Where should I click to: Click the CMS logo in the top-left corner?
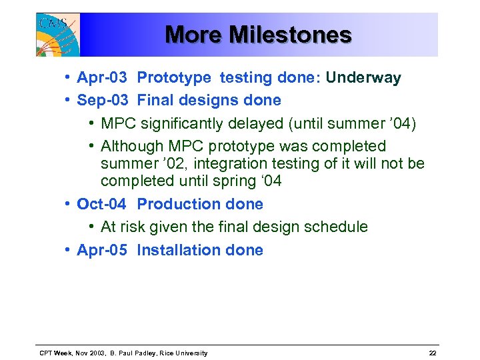tap(57, 35)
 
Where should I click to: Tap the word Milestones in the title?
tap(290, 34)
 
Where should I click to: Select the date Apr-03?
tap(102, 78)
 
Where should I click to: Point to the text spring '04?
tap(249, 181)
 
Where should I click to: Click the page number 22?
tap(433, 353)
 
